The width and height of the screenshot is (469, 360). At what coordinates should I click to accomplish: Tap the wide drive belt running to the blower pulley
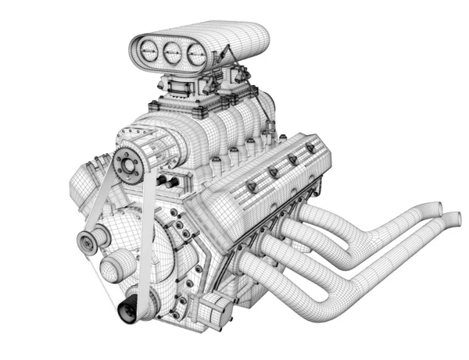[148, 234]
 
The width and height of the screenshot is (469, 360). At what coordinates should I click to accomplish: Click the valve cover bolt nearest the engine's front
[252, 187]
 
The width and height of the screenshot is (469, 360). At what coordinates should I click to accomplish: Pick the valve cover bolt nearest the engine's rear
[310, 148]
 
